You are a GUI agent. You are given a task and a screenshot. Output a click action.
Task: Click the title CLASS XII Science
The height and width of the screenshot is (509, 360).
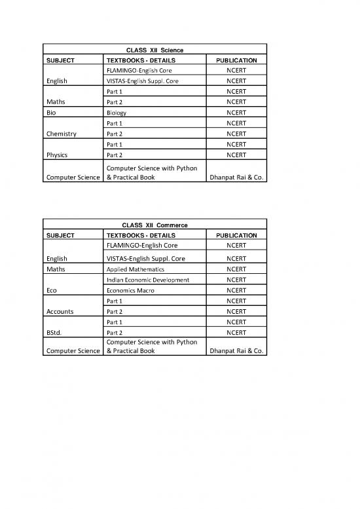(154, 50)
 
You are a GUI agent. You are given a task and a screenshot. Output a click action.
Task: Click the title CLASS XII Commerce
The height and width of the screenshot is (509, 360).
(154, 225)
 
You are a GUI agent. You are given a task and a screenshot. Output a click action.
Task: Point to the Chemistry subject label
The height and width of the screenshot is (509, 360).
(61, 134)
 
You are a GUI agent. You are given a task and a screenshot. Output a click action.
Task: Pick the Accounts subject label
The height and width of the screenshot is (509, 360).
(60, 311)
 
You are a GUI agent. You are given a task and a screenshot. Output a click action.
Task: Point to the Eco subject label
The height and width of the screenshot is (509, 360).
(51, 290)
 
